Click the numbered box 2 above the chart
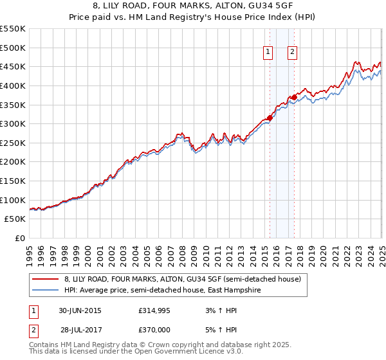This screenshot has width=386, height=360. (x=292, y=53)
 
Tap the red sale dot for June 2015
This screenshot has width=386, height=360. (x=270, y=118)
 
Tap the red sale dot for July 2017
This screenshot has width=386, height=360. (x=294, y=97)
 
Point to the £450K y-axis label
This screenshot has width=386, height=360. (x=13, y=66)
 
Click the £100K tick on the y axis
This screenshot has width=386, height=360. (x=13, y=200)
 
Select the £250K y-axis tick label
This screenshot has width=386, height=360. (x=13, y=143)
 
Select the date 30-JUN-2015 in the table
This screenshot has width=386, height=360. (x=80, y=310)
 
